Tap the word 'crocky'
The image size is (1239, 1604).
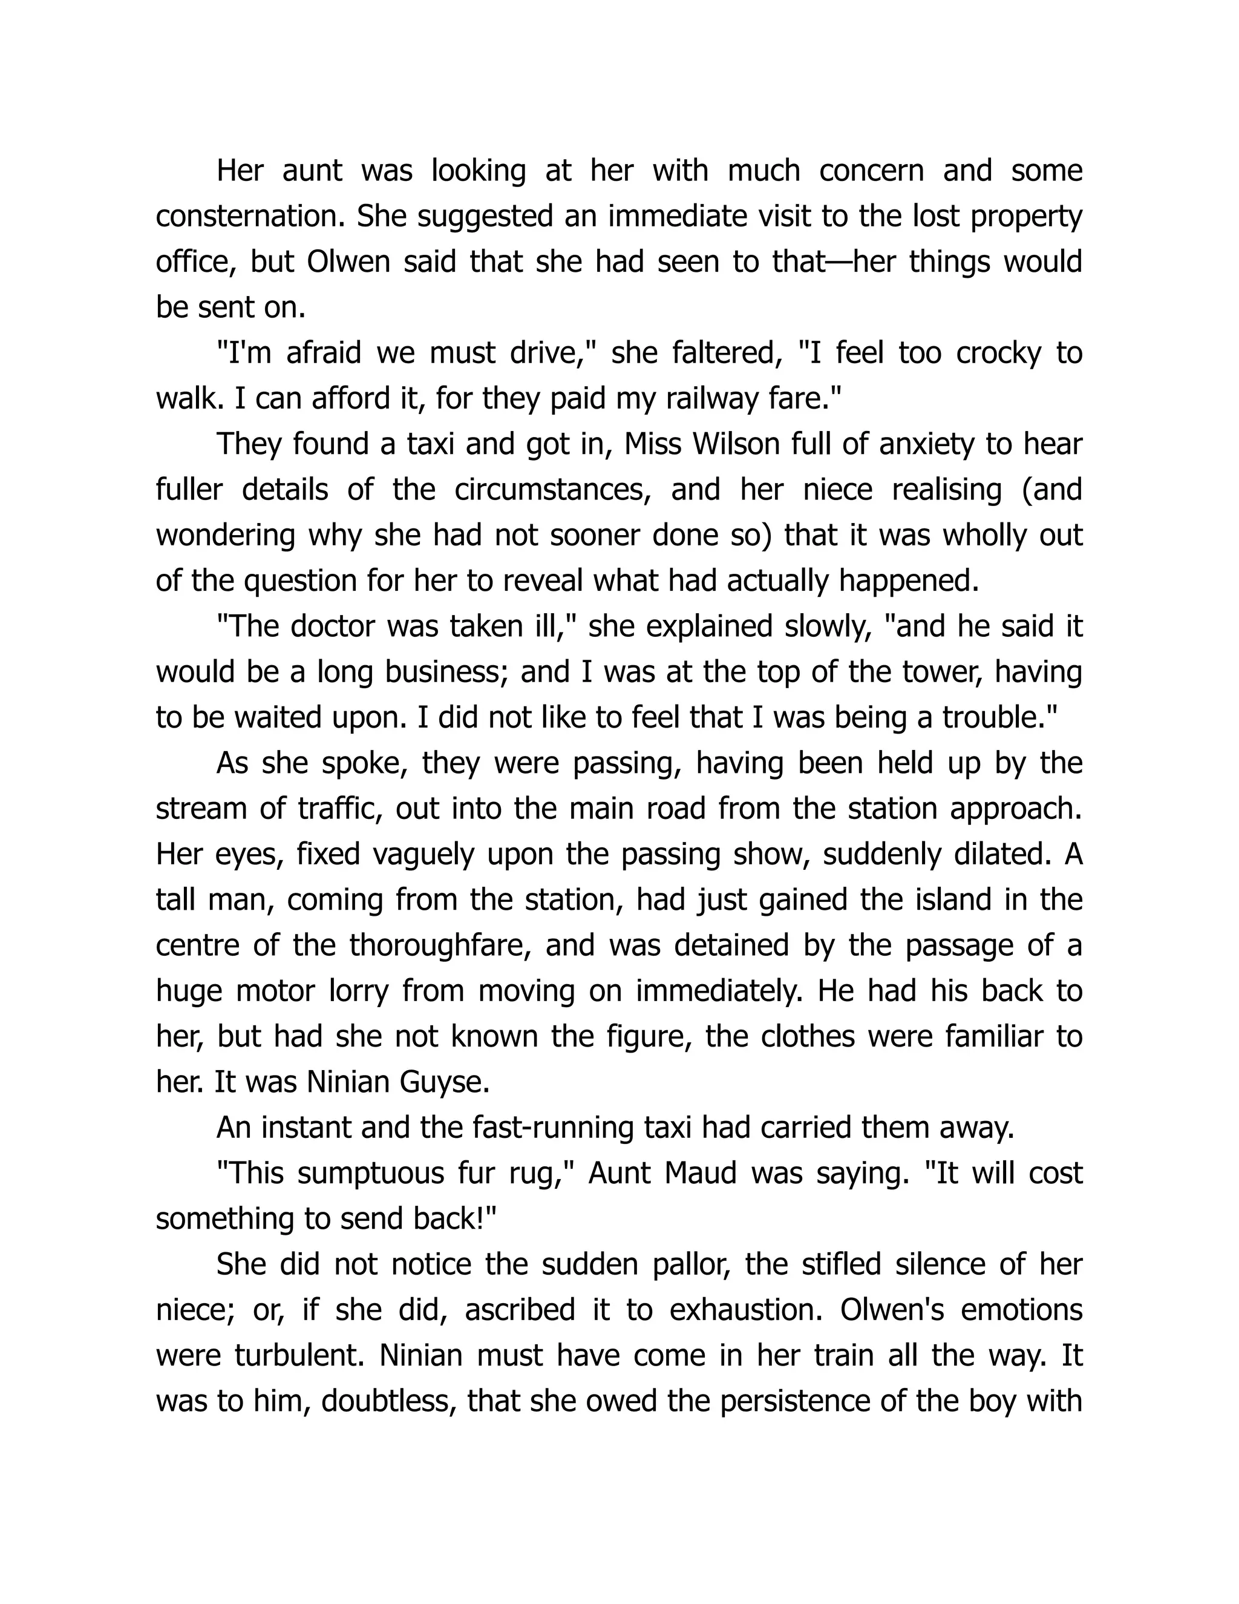point(998,353)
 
